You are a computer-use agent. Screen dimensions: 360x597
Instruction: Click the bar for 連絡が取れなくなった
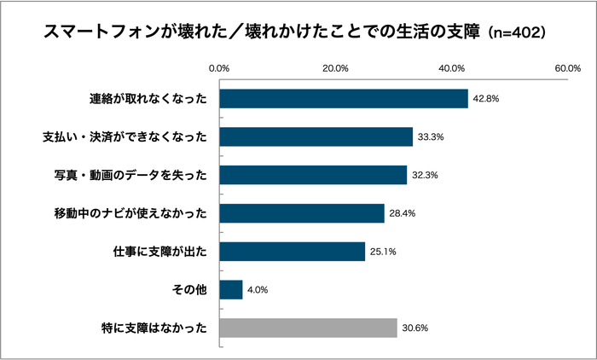pos(344,98)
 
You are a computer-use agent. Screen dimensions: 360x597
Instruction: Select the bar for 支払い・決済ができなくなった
pos(316,136)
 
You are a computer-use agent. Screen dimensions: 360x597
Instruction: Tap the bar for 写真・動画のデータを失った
pos(313,175)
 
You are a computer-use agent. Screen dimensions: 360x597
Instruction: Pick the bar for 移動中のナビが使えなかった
pos(302,213)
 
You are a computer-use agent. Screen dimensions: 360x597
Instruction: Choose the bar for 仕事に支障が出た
pos(293,252)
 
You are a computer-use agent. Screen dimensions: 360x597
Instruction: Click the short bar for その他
pos(231,290)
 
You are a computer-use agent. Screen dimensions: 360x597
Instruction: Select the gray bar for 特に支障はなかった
pos(309,328)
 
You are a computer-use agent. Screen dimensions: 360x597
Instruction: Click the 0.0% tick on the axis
pos(219,68)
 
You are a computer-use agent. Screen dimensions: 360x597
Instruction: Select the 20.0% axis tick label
pos(335,68)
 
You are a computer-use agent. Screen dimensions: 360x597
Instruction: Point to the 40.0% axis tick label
pos(451,68)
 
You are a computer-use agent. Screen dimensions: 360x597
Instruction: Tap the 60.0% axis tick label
pos(567,68)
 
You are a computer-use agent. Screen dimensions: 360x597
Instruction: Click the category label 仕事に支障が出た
pos(161,252)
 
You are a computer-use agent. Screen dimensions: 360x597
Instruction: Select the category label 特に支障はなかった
pos(154,328)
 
